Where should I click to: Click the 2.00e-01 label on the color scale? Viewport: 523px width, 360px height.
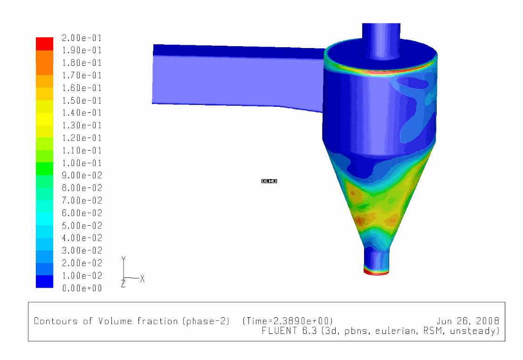tap(82, 38)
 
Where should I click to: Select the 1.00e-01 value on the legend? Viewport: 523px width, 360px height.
tap(82, 163)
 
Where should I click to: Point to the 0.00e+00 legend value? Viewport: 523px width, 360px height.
tap(82, 288)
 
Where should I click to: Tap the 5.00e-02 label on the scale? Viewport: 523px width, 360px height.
tap(82, 226)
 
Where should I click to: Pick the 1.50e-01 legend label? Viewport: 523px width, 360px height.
tap(82, 100)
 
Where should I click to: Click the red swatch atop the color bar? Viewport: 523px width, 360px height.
tap(45, 44)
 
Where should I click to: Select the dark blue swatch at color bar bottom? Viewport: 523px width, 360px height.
tap(45, 281)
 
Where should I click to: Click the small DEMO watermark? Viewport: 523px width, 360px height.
tap(269, 181)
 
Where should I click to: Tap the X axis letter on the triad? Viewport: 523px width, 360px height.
tap(143, 278)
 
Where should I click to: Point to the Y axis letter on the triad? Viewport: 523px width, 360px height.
tap(124, 259)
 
